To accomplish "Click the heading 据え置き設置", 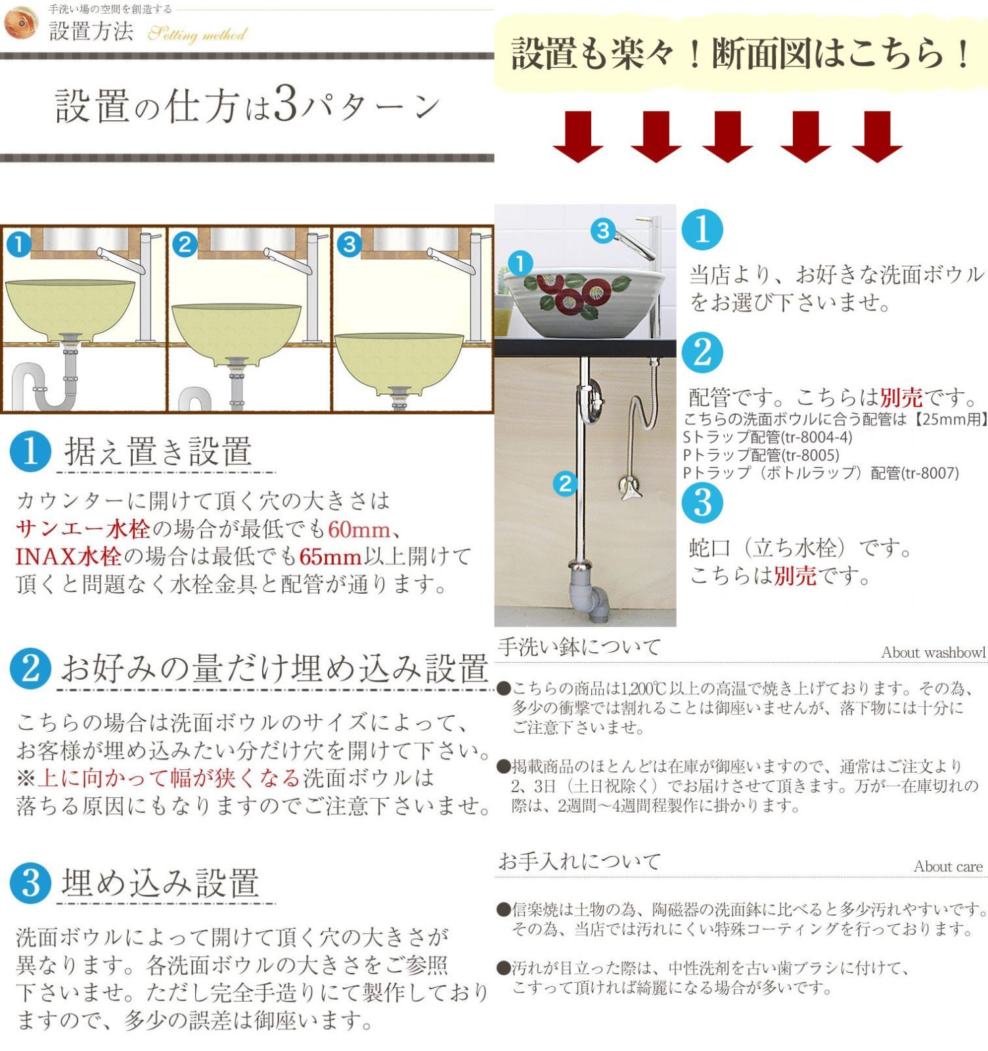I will (158, 452).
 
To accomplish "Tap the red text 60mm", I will (359, 529).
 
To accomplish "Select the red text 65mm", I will (330, 557).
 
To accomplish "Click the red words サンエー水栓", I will (83, 529).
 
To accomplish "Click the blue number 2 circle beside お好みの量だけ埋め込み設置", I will (30, 669).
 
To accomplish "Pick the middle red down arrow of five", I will (727, 137).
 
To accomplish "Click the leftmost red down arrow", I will (577, 137).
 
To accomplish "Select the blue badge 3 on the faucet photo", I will (602, 231).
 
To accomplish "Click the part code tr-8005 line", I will (761, 455).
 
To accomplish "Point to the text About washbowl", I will (933, 652).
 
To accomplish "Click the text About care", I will (948, 866).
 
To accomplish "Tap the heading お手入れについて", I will (579, 861).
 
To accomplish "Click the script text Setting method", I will (197, 34).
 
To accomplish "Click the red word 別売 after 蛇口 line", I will (795, 576).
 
